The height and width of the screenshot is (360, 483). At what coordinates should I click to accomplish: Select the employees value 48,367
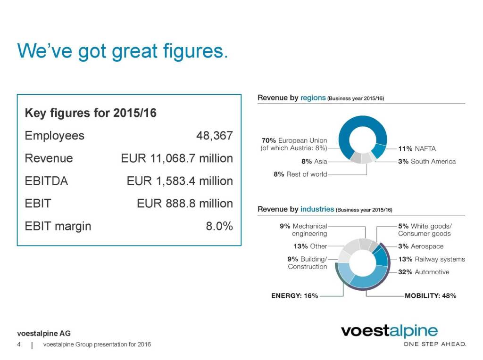click(214, 136)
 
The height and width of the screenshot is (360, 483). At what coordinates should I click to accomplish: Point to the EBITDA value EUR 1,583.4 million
click(180, 181)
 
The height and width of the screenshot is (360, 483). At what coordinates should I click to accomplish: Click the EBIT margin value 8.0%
click(219, 226)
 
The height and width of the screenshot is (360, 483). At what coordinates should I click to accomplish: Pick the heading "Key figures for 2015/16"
click(91, 114)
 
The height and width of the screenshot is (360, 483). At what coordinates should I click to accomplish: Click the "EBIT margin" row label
click(58, 226)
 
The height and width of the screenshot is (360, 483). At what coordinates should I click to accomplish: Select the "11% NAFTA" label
click(417, 148)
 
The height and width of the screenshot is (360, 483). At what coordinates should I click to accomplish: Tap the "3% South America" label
click(427, 162)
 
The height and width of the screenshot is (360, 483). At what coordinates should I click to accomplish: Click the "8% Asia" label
click(314, 161)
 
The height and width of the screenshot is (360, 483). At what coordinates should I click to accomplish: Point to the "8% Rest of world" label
click(300, 174)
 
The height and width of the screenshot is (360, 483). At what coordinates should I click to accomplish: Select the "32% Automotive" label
click(424, 272)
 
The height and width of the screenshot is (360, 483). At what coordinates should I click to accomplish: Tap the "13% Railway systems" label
click(431, 259)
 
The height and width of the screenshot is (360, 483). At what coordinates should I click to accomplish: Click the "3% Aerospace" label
click(421, 246)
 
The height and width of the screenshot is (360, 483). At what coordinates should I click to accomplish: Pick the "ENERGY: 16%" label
click(294, 296)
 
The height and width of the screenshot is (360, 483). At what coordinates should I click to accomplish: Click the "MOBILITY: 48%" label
click(430, 296)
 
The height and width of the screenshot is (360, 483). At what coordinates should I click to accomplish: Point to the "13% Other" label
click(310, 246)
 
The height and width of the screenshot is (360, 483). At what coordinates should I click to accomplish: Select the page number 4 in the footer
click(18, 344)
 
